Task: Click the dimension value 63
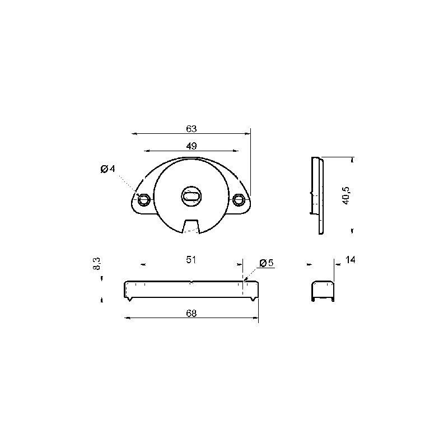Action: point(191,129)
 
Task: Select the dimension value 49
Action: point(192,146)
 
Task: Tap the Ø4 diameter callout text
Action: point(108,169)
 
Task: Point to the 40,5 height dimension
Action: point(346,195)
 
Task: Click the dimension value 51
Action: point(191,260)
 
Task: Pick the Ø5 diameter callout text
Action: point(267,263)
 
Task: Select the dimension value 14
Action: point(351,260)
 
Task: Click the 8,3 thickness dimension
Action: point(97,263)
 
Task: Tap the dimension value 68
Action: point(191,313)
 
